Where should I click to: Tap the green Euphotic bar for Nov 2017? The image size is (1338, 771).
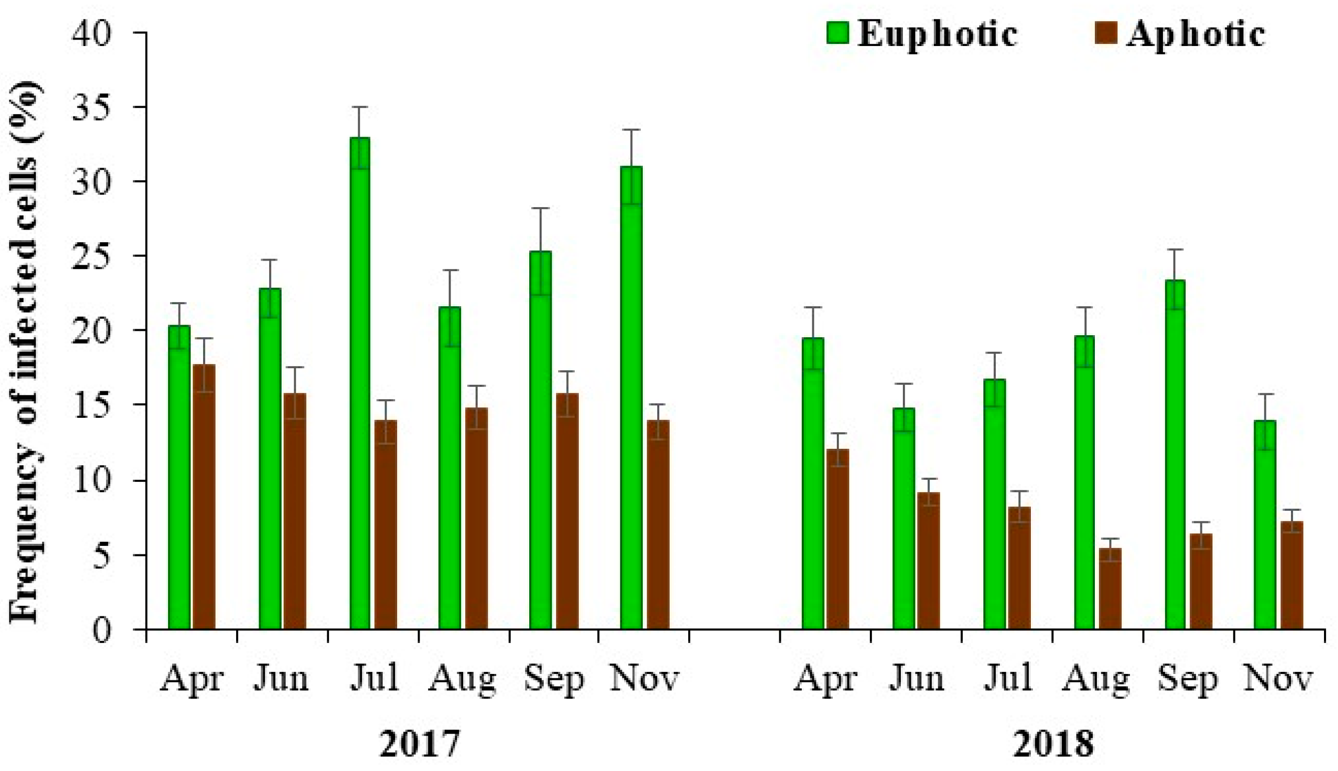(x=631, y=397)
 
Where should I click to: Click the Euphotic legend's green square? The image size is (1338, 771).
(x=838, y=33)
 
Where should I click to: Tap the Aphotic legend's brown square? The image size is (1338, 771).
(x=1106, y=33)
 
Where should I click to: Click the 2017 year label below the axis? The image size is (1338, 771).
(x=420, y=744)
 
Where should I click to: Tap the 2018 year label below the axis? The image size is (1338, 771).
(x=1053, y=744)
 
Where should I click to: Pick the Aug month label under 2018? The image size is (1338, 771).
(x=1096, y=679)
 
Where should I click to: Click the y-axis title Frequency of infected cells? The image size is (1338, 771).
(x=24, y=352)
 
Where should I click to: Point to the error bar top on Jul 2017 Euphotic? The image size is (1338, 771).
(x=360, y=107)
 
